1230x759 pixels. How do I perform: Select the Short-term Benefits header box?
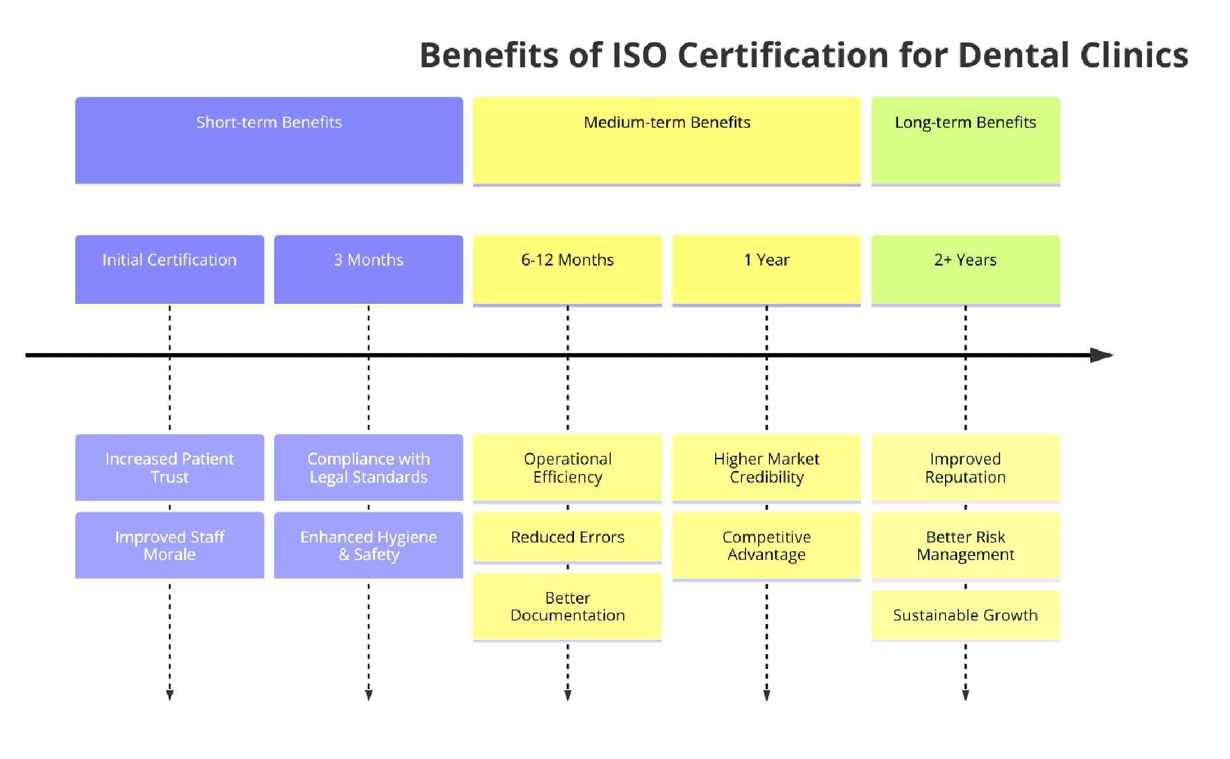(269, 140)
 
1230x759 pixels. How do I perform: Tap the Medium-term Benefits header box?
(667, 140)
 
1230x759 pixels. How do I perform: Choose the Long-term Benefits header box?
(965, 140)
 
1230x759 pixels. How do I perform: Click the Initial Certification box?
(169, 269)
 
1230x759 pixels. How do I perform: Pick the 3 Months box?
(368, 269)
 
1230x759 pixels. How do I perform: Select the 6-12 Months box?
(567, 269)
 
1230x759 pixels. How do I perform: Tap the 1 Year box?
(766, 269)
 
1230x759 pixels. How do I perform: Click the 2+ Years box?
(965, 269)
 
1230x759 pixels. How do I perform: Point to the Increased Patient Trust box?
(169, 467)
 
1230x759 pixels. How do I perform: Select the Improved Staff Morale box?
(169, 545)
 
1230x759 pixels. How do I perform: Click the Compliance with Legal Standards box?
(368, 467)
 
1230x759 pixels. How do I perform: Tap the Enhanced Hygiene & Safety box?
(368, 545)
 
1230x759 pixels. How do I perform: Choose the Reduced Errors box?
(567, 537)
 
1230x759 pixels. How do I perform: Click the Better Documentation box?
(567, 606)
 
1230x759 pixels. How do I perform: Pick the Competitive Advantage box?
(766, 545)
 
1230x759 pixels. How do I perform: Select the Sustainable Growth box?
(965, 615)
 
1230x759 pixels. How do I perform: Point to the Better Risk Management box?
(965, 545)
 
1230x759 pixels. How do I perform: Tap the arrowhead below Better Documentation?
(567, 695)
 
